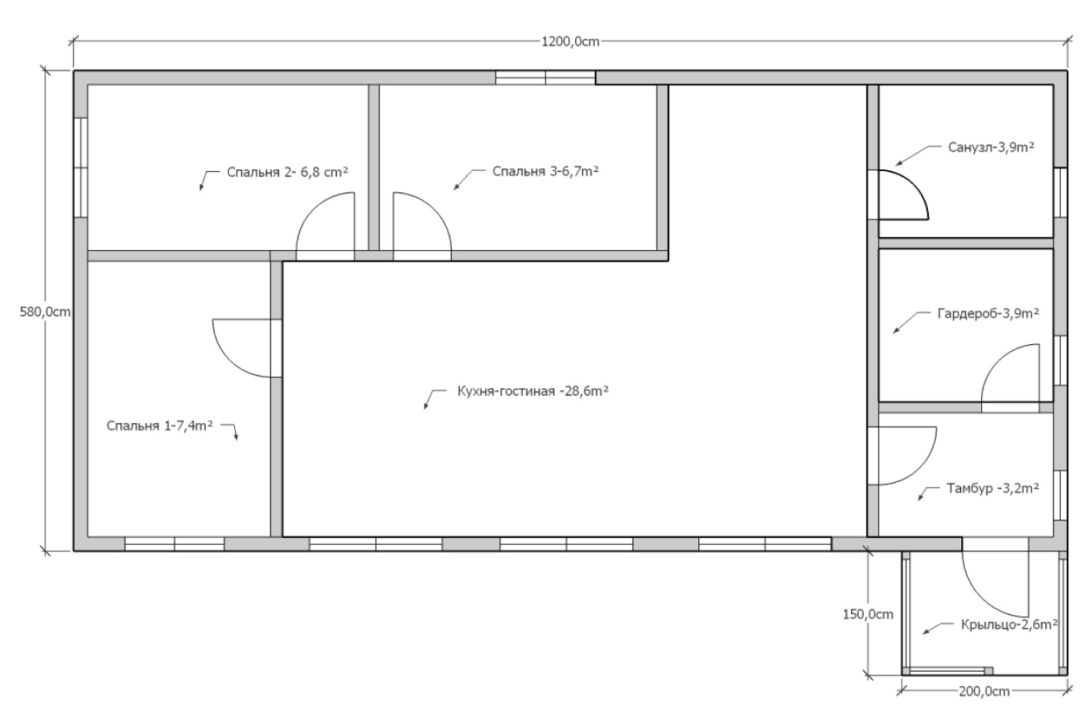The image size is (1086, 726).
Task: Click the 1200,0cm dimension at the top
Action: point(570,41)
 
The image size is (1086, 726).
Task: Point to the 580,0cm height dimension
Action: point(45,312)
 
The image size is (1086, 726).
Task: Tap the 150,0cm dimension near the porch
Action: point(868,614)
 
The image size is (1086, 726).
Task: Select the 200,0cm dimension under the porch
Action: point(984,691)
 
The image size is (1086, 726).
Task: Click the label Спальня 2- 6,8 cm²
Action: point(287,172)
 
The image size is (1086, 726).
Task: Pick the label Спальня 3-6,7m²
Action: point(545,171)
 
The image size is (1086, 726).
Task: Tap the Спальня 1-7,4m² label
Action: point(160,425)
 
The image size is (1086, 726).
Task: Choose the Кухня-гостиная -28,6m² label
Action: point(532,391)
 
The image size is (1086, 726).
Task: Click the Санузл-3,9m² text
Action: point(991,147)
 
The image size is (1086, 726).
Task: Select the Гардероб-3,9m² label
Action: point(988,313)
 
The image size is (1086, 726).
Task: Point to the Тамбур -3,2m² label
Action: point(992,488)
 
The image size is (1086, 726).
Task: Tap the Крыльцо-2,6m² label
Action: point(1009,624)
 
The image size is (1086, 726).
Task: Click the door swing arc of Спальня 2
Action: point(313,209)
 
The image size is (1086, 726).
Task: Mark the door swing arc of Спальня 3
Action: point(434,209)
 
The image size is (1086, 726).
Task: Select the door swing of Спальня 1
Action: point(230,360)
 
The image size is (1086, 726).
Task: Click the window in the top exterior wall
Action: point(545,78)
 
